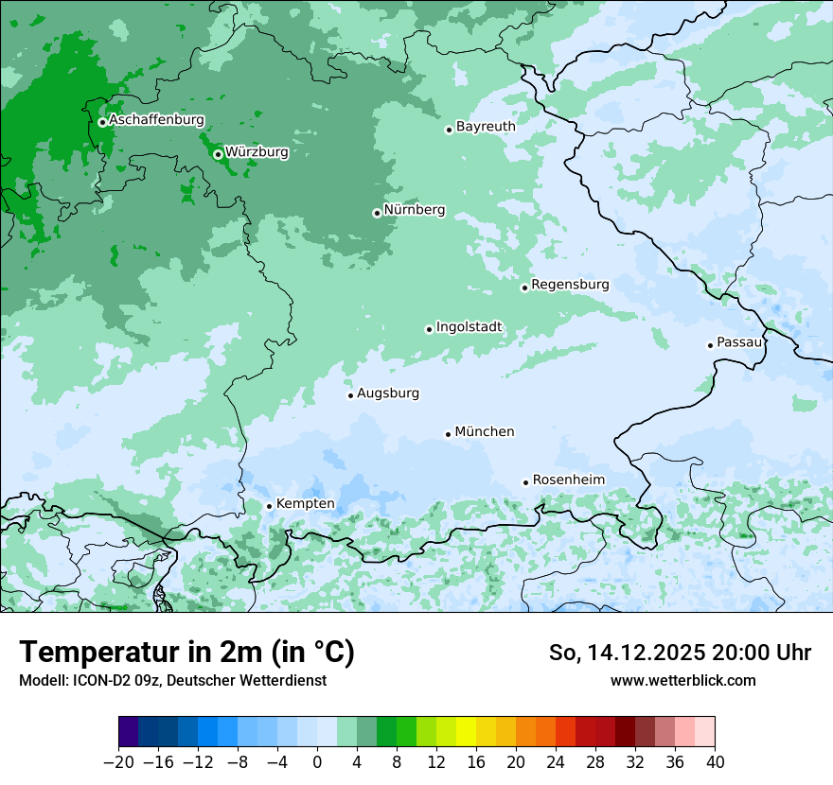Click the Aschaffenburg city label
[156, 120]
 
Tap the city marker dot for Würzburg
[218, 154]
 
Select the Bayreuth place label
[486, 126]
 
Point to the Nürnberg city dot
[377, 213]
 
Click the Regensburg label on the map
[570, 284]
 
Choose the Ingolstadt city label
[469, 327]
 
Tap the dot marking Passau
[710, 345]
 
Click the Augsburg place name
[388, 392]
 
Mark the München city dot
[448, 434]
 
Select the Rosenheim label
[568, 480]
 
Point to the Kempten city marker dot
[269, 506]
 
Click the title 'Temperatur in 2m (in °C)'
[186, 652]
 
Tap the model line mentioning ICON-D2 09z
[172, 680]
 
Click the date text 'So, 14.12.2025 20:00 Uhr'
[680, 653]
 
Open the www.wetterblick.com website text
[682, 680]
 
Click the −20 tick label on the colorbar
[118, 761]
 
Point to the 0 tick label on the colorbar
[317, 761]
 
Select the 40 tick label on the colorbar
[715, 761]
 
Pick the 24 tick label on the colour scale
[556, 761]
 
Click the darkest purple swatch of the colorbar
[128, 732]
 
